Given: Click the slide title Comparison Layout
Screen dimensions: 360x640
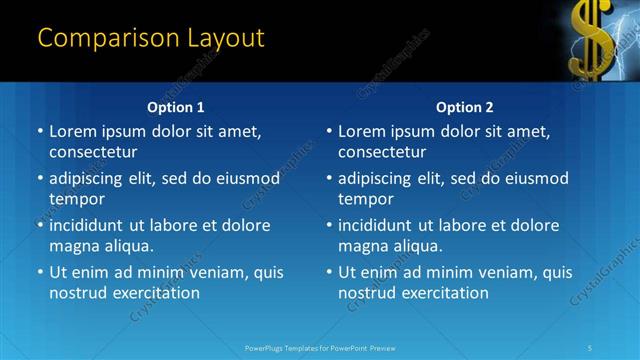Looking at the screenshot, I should (x=151, y=39).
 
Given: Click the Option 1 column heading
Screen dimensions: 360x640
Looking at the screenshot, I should (x=176, y=107).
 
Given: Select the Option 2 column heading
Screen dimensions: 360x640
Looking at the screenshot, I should (x=465, y=107).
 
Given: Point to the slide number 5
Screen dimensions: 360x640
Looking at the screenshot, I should (x=591, y=347).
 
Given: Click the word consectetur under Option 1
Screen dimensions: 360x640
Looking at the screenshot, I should (x=93, y=152).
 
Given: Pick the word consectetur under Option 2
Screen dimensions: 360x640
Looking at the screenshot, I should (x=382, y=152).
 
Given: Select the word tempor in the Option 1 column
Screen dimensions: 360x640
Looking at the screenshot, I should (x=76, y=199).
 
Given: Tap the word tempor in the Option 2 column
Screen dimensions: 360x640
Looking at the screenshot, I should (x=365, y=199).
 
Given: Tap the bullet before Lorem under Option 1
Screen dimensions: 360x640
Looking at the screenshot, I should (x=40, y=132).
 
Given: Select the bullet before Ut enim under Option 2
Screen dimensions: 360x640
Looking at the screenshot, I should (x=329, y=272).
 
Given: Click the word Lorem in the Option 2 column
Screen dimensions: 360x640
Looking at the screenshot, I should (x=361, y=131).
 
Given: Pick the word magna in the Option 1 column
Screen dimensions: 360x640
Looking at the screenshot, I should (x=74, y=246).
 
